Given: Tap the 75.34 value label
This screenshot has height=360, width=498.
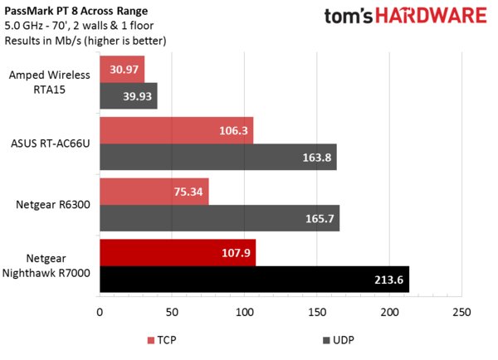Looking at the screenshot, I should [x=187, y=192].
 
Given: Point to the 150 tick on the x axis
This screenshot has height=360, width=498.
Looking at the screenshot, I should [x=317, y=313].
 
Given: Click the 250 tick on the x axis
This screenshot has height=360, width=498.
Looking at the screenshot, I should [x=461, y=313].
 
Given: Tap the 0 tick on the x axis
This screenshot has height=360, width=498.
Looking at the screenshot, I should [x=100, y=313].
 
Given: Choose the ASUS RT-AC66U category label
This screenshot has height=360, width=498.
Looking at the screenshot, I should [x=49, y=143].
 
